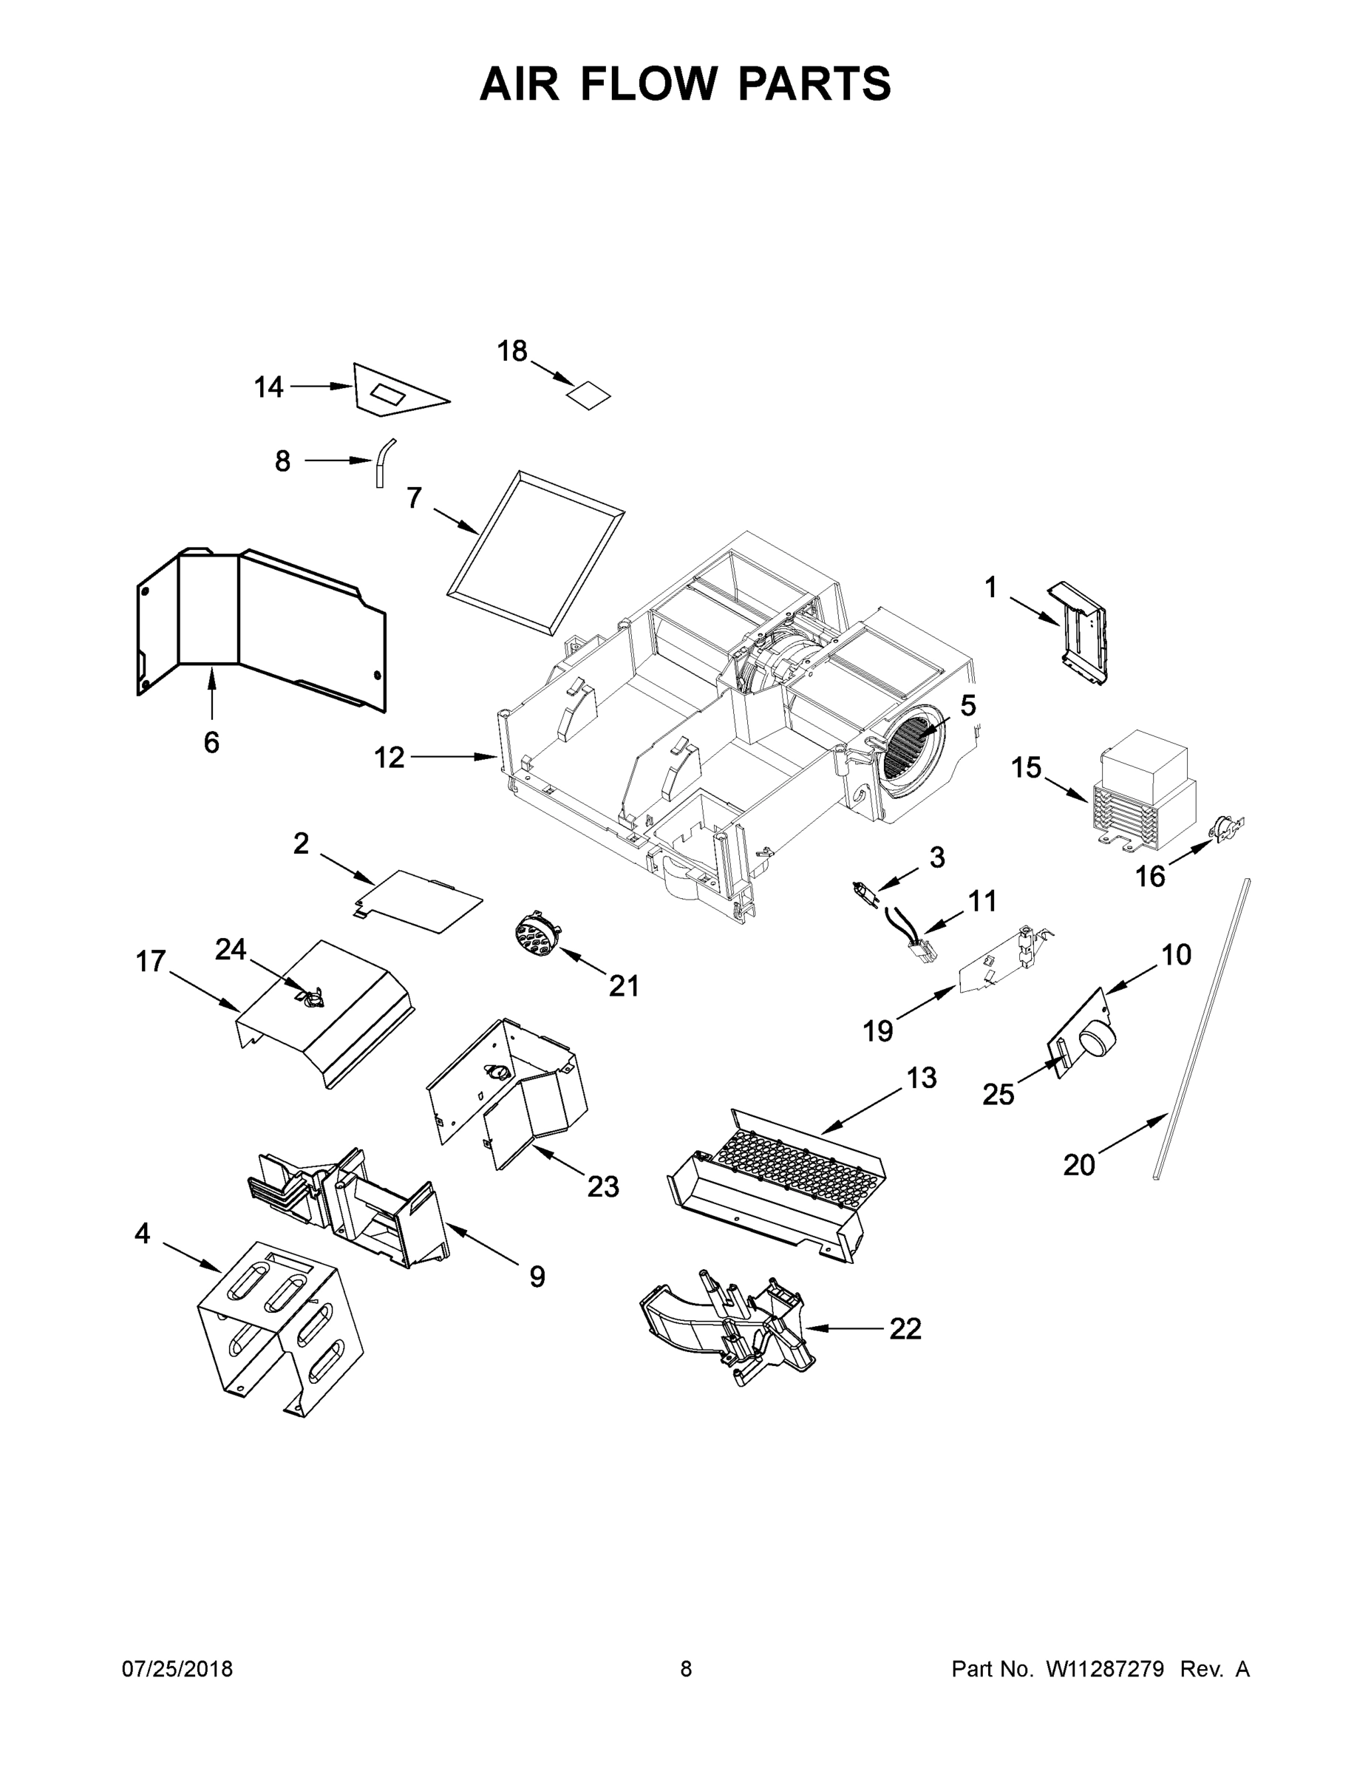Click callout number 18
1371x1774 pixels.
tap(512, 351)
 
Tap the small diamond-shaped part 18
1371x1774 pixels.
tap(588, 395)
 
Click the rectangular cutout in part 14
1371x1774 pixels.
tap(387, 395)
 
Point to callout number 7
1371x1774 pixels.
tap(414, 497)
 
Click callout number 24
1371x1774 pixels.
tap(231, 949)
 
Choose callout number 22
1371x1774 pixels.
tap(905, 1329)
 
